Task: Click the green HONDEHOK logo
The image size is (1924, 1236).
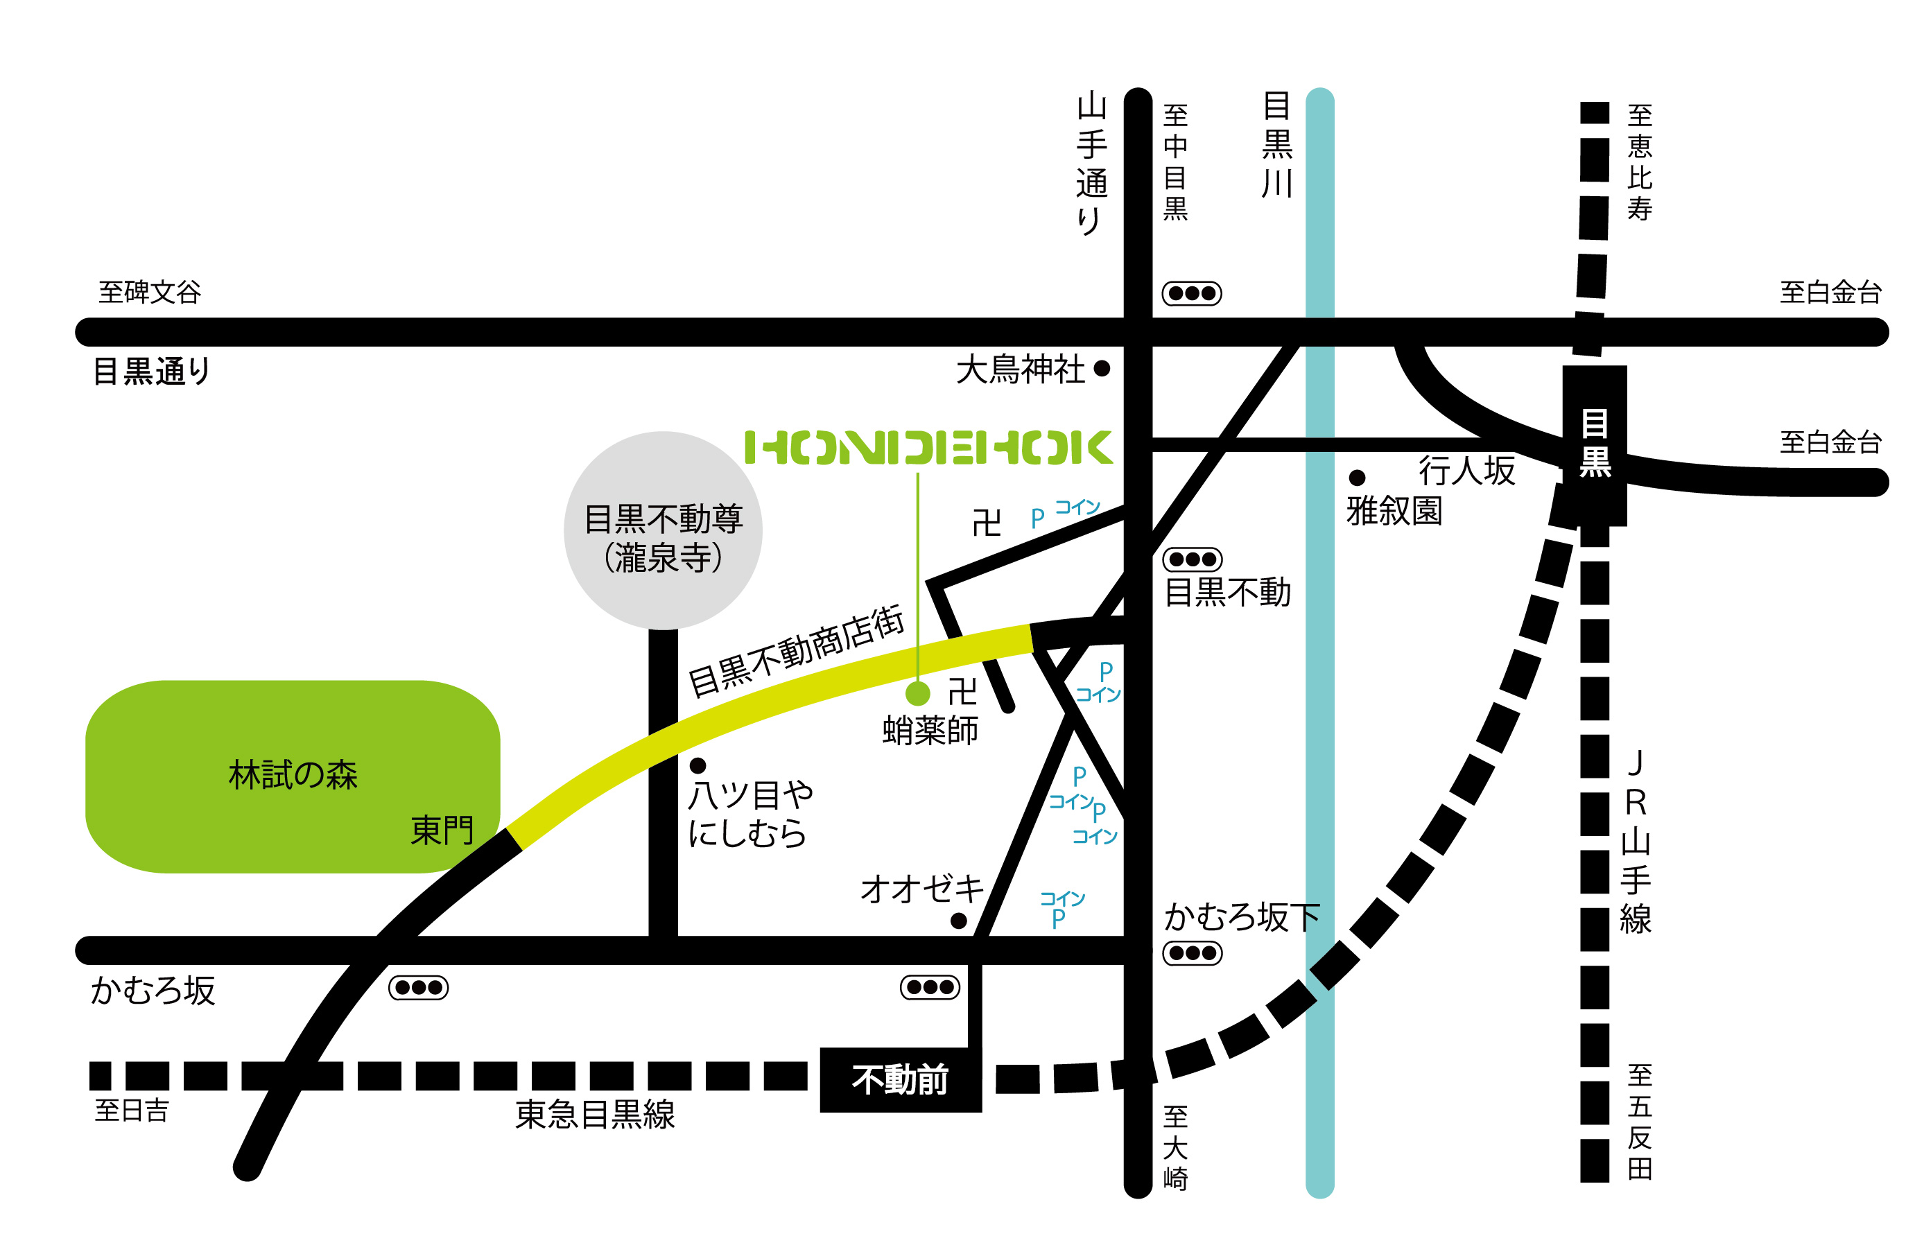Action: point(928,448)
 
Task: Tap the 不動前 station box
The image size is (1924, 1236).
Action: point(900,1079)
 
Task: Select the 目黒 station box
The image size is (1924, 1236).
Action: point(1594,446)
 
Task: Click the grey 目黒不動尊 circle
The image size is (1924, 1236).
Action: point(663,530)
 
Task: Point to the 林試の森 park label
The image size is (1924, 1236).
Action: point(293,775)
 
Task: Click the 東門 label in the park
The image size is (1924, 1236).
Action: point(442,830)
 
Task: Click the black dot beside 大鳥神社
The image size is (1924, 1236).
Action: point(1102,368)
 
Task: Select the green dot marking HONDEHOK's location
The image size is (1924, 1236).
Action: point(917,693)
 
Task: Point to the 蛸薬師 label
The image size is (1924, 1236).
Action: point(930,731)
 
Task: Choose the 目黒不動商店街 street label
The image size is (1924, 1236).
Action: point(796,652)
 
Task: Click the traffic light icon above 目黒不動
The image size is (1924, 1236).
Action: point(1192,559)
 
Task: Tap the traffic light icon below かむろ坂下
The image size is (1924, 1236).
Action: point(1192,953)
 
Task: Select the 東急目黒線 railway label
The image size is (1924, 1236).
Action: point(595,1115)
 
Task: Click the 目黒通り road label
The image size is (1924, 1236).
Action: point(152,372)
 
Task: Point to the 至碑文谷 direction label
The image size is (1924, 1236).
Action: point(150,292)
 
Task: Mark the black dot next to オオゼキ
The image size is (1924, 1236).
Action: point(958,921)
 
